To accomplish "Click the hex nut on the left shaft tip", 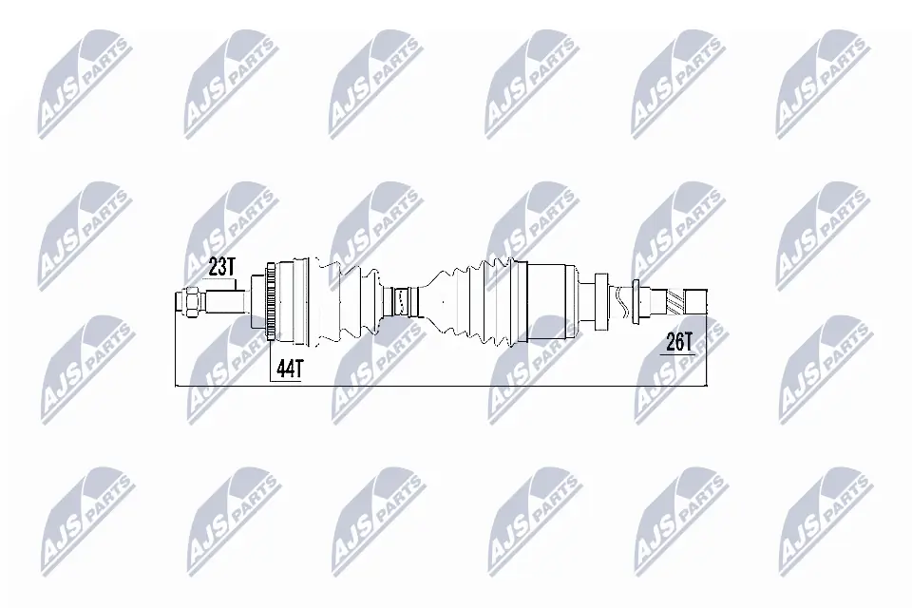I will (x=190, y=301).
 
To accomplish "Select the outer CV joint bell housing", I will (x=296, y=300).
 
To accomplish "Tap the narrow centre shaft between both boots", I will (x=403, y=302).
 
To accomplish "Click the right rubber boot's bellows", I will (x=475, y=300).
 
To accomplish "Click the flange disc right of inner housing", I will (x=599, y=301).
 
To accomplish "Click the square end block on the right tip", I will (x=698, y=301).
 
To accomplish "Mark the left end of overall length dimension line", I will (x=178, y=386).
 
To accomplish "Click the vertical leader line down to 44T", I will (x=272, y=356).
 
